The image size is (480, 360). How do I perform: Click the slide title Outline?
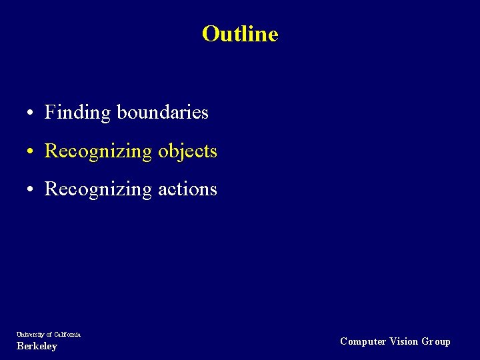point(240,33)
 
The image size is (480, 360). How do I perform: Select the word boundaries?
point(163,112)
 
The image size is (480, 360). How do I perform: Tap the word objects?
point(187,151)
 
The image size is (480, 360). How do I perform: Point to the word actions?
point(187,189)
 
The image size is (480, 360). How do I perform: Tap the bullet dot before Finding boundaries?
point(31,113)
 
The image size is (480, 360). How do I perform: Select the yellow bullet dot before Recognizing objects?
point(31,152)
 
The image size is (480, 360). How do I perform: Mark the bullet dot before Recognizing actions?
point(31,190)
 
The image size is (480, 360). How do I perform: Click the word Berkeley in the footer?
point(37,346)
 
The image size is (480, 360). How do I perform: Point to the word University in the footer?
point(30,334)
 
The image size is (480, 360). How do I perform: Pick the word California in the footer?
point(67,334)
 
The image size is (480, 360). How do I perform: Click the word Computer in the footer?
point(363,341)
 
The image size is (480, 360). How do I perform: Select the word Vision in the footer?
point(404,341)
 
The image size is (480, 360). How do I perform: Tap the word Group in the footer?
point(436,341)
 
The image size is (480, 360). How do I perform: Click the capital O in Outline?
point(211,33)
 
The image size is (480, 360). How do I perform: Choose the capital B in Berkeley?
point(19,346)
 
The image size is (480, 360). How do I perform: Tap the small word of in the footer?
point(49,334)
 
